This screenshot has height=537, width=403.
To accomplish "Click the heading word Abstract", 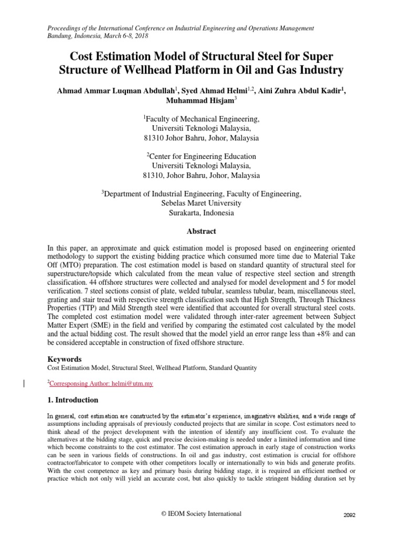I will [x=201, y=231].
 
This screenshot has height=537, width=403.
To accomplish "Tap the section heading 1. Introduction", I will [x=72, y=400].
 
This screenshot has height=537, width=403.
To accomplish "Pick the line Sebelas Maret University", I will [x=201, y=203].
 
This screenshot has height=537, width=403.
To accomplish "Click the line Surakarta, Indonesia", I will [x=201, y=213].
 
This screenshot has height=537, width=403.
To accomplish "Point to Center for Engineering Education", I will [x=201, y=156].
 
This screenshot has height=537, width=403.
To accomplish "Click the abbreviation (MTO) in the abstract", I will [x=68, y=273].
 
